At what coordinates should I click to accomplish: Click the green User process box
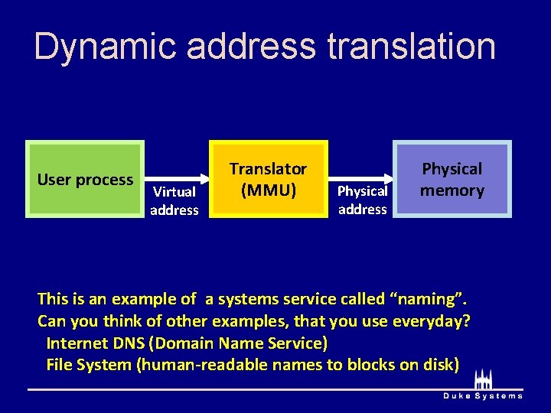[85, 180]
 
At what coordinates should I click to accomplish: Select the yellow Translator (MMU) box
[269, 180]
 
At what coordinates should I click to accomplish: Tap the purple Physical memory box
[452, 180]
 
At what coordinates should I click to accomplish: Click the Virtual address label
[174, 200]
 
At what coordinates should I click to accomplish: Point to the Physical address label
[362, 200]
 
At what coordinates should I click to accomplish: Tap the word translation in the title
[411, 47]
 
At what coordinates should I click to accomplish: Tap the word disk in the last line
[442, 364]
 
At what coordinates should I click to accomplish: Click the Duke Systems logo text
[484, 395]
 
